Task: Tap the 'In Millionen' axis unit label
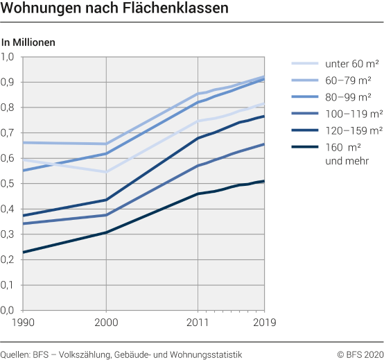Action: coord(28,42)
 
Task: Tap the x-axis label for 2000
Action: coord(105,323)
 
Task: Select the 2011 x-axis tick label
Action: coord(198,323)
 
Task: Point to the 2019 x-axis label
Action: coord(264,323)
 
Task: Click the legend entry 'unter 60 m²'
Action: coord(351,65)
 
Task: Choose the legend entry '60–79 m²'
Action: coord(351,80)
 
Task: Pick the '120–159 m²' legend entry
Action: coord(354,130)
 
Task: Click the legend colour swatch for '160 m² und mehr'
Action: coord(303,146)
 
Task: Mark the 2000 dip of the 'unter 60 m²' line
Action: coord(106,171)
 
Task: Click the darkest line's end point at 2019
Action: coord(264,181)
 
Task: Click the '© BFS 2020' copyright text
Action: coord(360,354)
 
